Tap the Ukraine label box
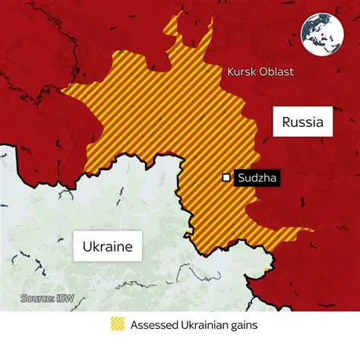(108, 247)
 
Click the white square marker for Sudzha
(226, 178)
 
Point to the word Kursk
(242, 74)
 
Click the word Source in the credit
(36, 298)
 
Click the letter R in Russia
(286, 122)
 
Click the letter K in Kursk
(229, 74)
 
